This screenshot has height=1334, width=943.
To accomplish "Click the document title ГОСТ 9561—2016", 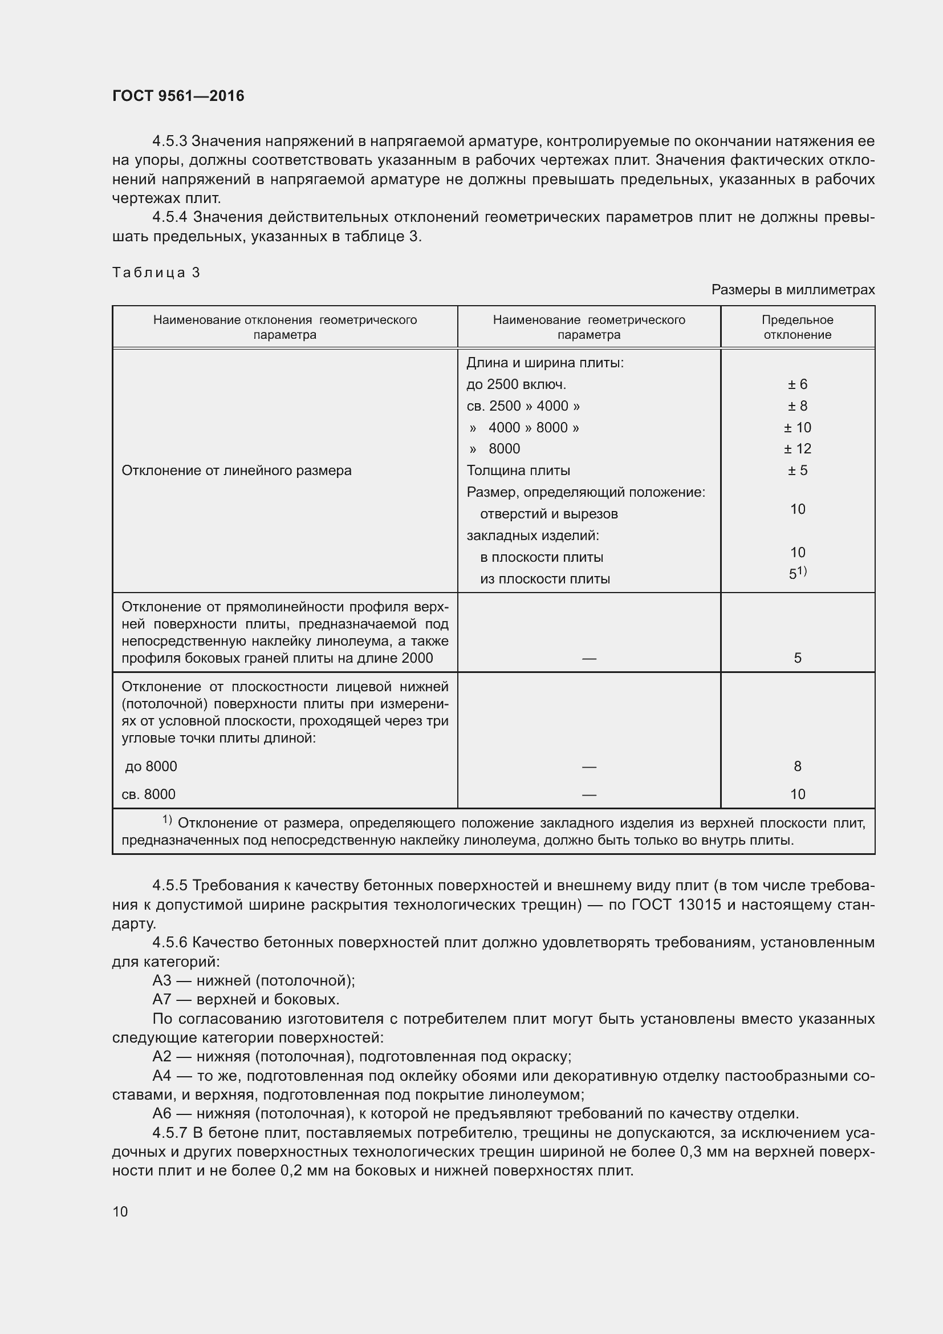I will click(178, 96).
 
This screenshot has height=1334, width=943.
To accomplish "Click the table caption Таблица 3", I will click(156, 273).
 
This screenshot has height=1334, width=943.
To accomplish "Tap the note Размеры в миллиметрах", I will click(792, 289).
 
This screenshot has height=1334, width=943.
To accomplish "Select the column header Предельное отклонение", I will click(797, 327).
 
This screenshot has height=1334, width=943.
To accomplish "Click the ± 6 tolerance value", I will click(797, 384).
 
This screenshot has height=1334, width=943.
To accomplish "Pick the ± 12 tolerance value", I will click(797, 448).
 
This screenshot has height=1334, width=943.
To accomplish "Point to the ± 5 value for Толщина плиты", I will click(797, 470).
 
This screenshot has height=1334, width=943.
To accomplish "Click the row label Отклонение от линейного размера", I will click(237, 470).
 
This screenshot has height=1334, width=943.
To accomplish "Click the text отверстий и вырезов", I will click(548, 514).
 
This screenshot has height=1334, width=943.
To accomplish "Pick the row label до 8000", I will click(151, 767).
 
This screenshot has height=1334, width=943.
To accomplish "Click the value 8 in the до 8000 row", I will click(797, 767).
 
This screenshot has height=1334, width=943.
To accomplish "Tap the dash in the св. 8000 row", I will click(589, 794).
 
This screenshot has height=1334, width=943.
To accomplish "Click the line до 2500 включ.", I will click(515, 384).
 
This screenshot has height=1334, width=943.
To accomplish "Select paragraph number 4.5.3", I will click(169, 141).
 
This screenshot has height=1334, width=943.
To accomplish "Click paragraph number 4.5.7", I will click(169, 1133).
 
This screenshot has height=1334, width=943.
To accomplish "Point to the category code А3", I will click(162, 981).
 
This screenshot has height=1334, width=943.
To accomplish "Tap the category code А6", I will click(162, 1114).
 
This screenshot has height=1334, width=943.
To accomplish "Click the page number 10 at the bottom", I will click(120, 1211).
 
